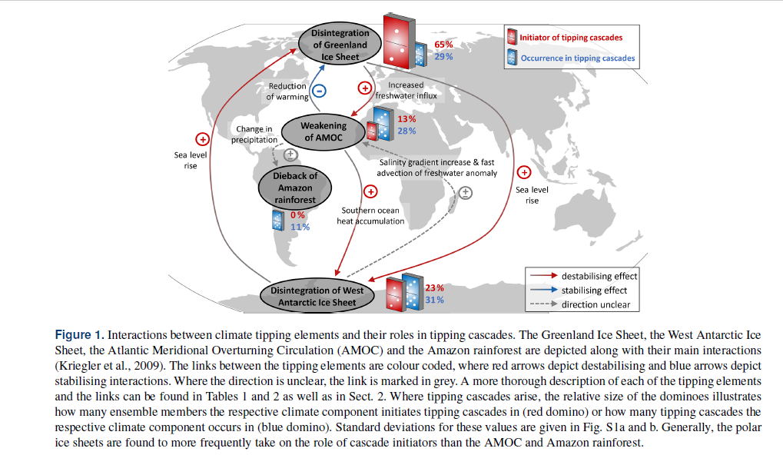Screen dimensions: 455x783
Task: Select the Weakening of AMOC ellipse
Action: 323,131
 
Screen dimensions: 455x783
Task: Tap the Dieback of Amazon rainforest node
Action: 295,188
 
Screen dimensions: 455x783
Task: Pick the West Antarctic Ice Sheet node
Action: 317,296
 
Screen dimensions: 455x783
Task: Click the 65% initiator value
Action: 443,45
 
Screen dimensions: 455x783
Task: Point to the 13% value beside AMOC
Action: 406,119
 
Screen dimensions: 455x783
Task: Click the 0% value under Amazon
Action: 297,215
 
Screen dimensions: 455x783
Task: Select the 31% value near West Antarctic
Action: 434,300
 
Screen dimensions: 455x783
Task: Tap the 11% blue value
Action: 300,227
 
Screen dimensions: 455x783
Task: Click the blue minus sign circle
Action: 320,90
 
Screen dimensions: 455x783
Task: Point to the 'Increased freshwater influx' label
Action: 406,91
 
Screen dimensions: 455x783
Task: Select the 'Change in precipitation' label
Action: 256,135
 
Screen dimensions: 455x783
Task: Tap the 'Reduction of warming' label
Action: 287,91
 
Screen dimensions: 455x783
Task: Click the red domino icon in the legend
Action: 513,36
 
